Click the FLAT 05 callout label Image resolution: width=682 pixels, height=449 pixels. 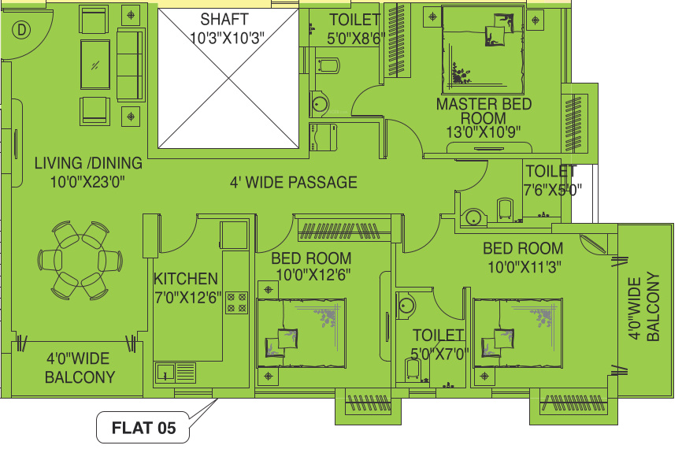(x=143, y=429)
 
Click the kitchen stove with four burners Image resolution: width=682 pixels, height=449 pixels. (x=237, y=302)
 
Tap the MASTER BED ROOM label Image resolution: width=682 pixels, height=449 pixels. (x=484, y=111)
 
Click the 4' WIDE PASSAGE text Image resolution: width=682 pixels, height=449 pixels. (x=293, y=183)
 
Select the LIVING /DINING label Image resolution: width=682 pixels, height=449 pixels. (x=88, y=164)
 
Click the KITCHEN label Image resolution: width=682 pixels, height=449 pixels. (x=185, y=279)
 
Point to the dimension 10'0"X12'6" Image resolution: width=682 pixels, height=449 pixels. (x=312, y=274)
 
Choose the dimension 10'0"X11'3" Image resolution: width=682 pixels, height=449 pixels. (x=523, y=267)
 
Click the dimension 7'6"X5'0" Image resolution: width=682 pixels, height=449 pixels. (x=551, y=189)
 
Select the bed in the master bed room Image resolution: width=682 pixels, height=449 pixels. (x=482, y=50)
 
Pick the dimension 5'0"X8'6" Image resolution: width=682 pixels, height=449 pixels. (x=354, y=35)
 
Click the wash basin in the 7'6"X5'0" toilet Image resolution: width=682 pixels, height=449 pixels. (x=473, y=217)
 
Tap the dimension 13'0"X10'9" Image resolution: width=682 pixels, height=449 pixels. (x=484, y=132)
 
